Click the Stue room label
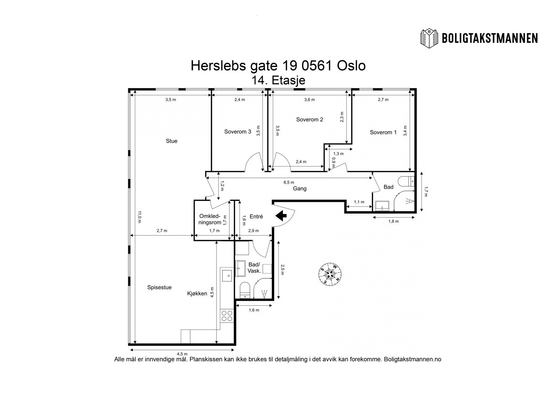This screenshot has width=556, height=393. [x=172, y=141]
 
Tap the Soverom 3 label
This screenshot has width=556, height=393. [x=238, y=132]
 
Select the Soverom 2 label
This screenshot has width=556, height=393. [x=310, y=120]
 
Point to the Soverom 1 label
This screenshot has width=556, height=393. [x=383, y=132]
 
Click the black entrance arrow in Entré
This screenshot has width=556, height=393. [x=281, y=215]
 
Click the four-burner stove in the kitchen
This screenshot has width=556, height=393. [x=227, y=316]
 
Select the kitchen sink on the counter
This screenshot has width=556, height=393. [x=227, y=276]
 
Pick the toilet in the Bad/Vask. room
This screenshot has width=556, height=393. [x=245, y=290]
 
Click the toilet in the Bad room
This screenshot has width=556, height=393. [x=406, y=181]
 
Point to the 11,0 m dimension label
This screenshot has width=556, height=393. [x=139, y=217]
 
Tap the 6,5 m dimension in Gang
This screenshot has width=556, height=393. [x=289, y=182]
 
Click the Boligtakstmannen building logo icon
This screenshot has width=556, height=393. [x=429, y=39]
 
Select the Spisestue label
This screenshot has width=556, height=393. [x=160, y=287]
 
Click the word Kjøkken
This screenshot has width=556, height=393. [x=197, y=293]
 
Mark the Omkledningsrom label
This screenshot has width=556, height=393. [x=210, y=219]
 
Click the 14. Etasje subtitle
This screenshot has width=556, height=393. [x=278, y=80]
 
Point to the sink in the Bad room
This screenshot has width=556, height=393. [x=382, y=206]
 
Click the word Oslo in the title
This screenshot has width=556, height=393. [x=351, y=66]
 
